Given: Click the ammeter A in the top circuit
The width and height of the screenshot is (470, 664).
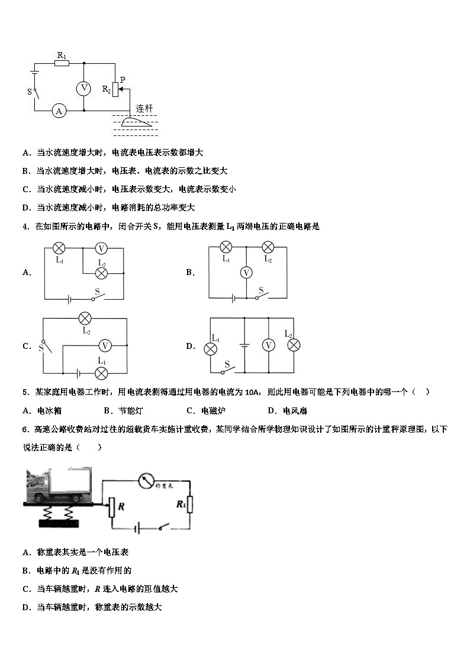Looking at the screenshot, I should [x=59, y=111].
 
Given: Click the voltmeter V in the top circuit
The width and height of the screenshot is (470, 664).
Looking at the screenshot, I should [x=84, y=88].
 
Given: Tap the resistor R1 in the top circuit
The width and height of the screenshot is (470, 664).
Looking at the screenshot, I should [x=62, y=62].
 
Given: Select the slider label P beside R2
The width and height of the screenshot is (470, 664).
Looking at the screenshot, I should [x=123, y=79].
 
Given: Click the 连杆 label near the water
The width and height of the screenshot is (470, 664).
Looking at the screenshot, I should [x=144, y=108].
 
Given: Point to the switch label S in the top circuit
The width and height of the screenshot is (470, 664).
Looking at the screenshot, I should [x=29, y=92].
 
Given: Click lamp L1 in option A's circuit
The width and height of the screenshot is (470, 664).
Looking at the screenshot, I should [x=59, y=248].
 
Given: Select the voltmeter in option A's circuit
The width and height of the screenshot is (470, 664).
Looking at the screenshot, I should [x=101, y=248].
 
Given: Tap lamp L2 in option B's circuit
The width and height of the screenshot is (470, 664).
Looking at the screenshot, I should [x=268, y=247].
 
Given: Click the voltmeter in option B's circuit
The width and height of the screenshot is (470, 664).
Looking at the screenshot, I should [x=247, y=272].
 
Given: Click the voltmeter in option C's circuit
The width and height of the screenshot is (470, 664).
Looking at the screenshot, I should [x=105, y=346].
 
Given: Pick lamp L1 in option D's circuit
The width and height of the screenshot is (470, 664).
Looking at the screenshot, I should [x=210, y=349].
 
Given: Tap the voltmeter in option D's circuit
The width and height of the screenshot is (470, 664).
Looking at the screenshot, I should [x=269, y=345].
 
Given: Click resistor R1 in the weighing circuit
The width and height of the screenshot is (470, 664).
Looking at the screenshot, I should [x=189, y=504].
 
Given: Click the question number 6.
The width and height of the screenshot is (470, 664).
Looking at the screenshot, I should [x=25, y=429].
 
